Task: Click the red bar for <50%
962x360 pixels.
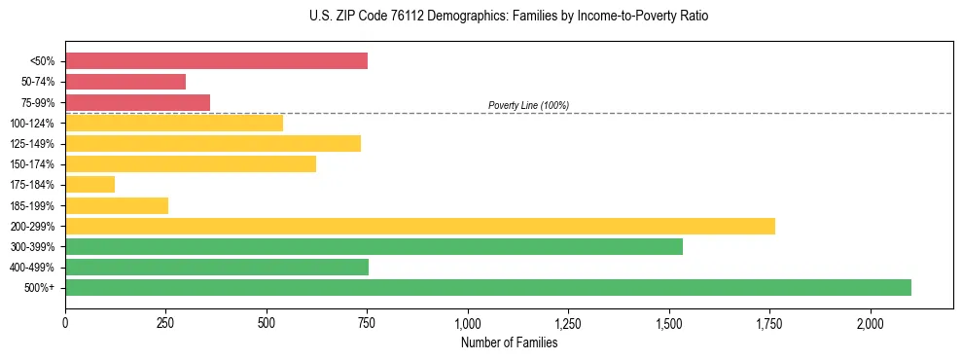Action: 216,61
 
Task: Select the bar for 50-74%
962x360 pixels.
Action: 125,82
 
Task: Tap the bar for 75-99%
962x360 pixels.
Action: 137,102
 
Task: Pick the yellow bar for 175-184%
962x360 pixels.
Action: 89,184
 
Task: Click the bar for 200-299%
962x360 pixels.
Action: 420,226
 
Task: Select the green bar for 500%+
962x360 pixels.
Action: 488,287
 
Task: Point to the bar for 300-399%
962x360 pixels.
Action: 374,246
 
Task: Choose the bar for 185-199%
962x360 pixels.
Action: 117,205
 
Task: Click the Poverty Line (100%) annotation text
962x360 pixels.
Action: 528,105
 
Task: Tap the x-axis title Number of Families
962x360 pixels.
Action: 509,342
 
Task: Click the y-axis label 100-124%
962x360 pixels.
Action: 32,124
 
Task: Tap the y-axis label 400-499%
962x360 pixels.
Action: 32,268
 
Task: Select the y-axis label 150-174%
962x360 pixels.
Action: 32,164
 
